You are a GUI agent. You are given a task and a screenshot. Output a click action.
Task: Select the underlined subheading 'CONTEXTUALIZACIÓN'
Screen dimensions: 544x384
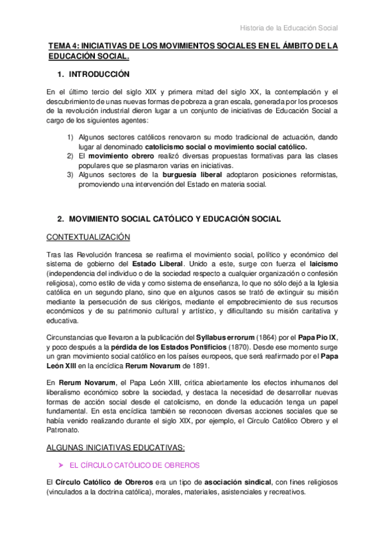tap(88, 237)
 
